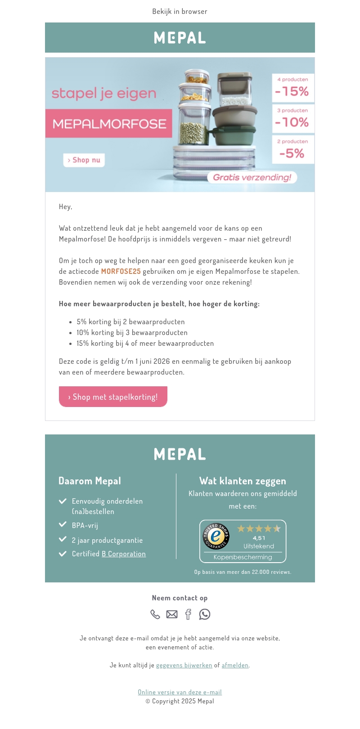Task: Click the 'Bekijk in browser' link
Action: coord(180,11)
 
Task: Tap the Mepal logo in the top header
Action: coord(180,38)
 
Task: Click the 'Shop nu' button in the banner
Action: coord(84,160)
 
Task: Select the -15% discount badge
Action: coord(292,88)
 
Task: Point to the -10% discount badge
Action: coord(292,119)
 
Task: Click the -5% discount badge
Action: coord(292,150)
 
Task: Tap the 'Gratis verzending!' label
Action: coord(252,177)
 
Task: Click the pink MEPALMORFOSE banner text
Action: coord(109,124)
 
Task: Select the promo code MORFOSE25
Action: coord(121,271)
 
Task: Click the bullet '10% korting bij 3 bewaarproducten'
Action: coord(132,332)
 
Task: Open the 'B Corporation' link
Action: coord(124,554)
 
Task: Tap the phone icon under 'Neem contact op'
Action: coord(155,614)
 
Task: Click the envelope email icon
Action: coord(172,614)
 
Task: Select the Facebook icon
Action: coord(189,614)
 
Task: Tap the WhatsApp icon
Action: coord(205,614)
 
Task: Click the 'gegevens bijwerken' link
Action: coord(184,665)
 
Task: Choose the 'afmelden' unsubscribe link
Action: coord(235,665)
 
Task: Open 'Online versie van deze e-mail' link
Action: coord(180,692)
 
